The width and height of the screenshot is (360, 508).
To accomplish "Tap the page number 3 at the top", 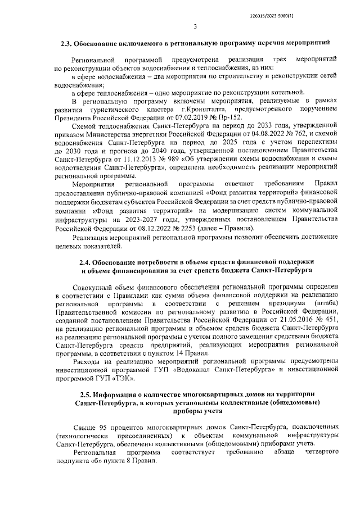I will pyautogui.click(x=195, y=26).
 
